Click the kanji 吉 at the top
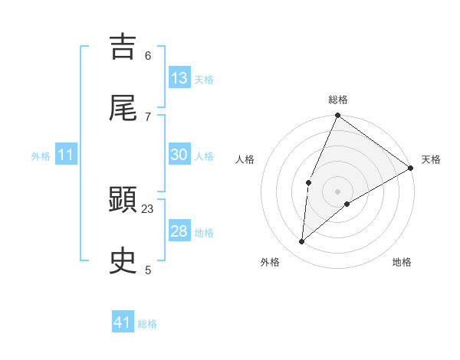point(123,46)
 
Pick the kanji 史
point(123,261)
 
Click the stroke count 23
point(148,208)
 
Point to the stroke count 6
point(148,55)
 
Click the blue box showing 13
point(179,78)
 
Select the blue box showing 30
point(179,155)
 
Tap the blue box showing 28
point(179,231)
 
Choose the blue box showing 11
point(66,155)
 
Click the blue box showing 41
point(123,322)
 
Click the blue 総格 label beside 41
point(147,324)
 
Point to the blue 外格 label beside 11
point(41,156)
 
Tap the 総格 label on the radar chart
point(338,100)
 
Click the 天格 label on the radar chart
point(431,160)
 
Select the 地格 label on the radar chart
point(402,263)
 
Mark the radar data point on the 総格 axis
point(337,116)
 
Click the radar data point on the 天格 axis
point(411,168)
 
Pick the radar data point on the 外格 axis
point(302,242)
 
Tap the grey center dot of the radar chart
point(337,191)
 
